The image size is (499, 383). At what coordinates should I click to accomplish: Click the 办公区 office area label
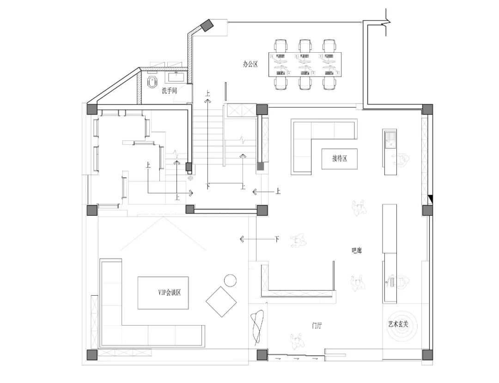[x=250, y=64]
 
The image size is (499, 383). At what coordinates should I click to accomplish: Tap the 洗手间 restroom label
[x=169, y=91]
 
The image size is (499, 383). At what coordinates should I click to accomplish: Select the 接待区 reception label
[x=340, y=158]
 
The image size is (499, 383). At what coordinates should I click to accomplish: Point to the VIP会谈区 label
[x=170, y=292]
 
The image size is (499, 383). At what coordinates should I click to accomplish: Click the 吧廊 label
[x=356, y=251]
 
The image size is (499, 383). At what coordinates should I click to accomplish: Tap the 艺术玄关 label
[x=398, y=324]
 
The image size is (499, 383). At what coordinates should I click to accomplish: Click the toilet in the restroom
[x=153, y=82]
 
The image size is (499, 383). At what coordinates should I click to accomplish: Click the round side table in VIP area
[x=231, y=280]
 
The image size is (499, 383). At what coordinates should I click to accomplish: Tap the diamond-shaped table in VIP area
[x=221, y=302]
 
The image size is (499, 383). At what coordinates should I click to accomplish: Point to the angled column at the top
[x=207, y=25]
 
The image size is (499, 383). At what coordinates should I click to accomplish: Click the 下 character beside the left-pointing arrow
[x=277, y=238]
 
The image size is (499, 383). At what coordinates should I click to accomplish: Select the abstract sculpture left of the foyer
[x=257, y=328]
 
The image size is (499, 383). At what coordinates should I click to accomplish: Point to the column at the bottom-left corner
[x=92, y=355]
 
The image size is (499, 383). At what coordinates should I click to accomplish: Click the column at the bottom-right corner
[x=427, y=355]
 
